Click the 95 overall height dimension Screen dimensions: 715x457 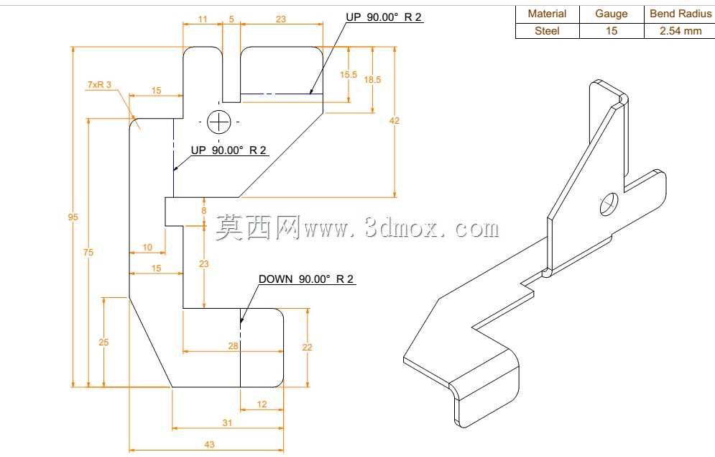click(73, 217)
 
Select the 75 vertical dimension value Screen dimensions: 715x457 click(88, 252)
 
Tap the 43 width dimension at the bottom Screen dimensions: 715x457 click(209, 444)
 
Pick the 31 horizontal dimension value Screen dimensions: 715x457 click(227, 422)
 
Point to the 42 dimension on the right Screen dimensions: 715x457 click(395, 120)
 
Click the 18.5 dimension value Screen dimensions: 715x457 click(372, 80)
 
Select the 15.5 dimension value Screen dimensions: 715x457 click(349, 74)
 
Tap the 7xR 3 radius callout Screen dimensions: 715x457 click(99, 84)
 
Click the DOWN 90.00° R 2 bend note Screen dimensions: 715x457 click(306, 279)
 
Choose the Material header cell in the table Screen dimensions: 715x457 click(547, 14)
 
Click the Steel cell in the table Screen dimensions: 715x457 click(547, 31)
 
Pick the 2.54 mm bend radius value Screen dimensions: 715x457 click(681, 31)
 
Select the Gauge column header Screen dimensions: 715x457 click(611, 14)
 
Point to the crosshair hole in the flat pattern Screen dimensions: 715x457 click(219, 122)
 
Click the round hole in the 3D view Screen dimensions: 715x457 click(609, 204)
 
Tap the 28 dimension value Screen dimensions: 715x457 click(233, 346)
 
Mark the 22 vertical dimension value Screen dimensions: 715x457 click(308, 348)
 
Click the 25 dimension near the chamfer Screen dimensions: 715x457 click(103, 342)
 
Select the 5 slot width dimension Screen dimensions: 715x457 click(231, 19)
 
